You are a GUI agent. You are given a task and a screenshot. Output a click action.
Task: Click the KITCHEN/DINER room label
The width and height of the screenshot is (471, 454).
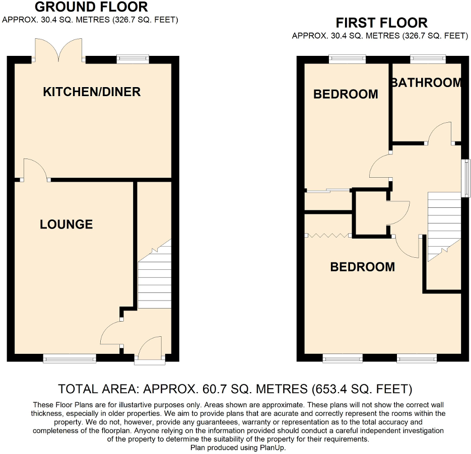91,92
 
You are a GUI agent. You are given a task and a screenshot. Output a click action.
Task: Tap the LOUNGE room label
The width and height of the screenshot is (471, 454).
66,224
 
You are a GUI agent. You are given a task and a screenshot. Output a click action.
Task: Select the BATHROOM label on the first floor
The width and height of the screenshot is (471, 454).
426,83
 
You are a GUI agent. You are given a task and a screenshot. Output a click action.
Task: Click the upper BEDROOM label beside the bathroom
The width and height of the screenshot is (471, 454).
346,94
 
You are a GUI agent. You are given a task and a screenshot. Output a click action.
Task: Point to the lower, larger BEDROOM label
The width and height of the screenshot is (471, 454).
362,267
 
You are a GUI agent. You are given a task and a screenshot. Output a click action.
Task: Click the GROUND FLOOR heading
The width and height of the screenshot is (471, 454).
91,7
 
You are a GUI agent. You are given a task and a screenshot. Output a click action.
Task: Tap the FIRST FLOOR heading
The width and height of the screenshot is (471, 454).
381,23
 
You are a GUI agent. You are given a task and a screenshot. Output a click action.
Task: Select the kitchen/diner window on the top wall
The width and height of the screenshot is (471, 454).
133,59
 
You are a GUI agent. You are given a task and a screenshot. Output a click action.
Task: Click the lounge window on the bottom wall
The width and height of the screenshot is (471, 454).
70,358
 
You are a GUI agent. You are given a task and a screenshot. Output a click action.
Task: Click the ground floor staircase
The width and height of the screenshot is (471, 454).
155,279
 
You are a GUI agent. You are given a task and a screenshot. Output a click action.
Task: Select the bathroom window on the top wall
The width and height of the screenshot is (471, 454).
427,59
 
